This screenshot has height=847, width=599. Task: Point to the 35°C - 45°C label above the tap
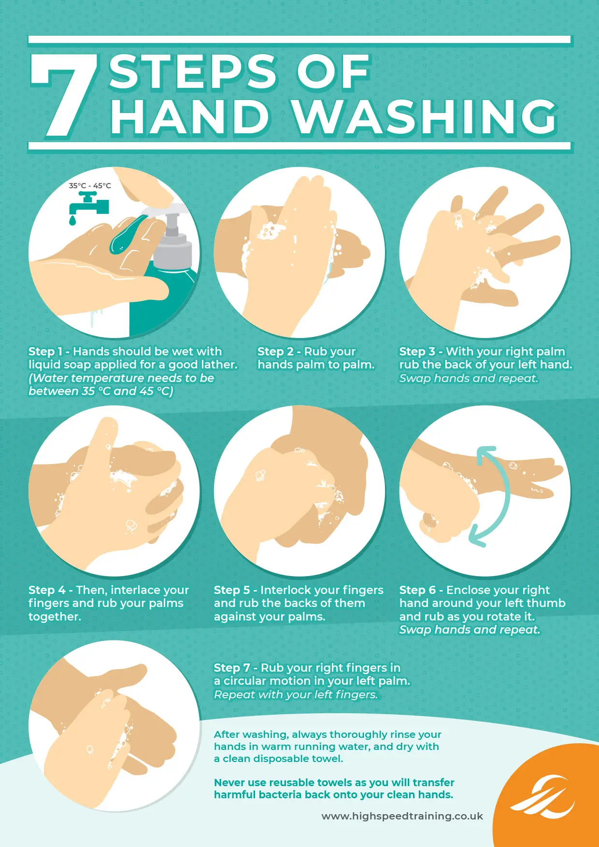click(x=90, y=185)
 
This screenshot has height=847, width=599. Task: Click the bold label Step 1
click(x=45, y=352)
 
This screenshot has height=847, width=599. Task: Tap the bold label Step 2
click(x=275, y=352)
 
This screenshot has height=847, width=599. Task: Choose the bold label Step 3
click(x=417, y=352)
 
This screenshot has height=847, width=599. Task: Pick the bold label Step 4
click(x=47, y=590)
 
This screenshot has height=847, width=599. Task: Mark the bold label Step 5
click(x=232, y=590)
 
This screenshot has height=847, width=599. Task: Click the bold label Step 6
click(x=417, y=590)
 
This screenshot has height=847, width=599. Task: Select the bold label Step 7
click(x=232, y=668)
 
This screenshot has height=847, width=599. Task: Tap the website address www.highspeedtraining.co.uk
click(x=402, y=816)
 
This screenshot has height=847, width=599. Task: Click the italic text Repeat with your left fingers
click(x=296, y=694)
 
